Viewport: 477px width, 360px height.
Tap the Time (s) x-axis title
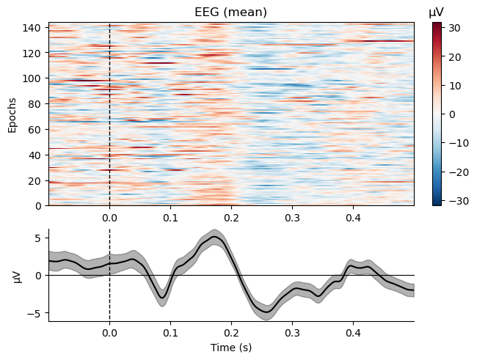[231, 347]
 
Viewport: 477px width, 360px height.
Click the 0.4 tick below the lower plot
[353, 331]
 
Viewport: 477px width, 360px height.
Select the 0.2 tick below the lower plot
[231, 331]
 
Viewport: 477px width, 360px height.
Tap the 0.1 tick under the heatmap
[170, 217]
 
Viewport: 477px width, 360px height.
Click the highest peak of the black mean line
[214, 237]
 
